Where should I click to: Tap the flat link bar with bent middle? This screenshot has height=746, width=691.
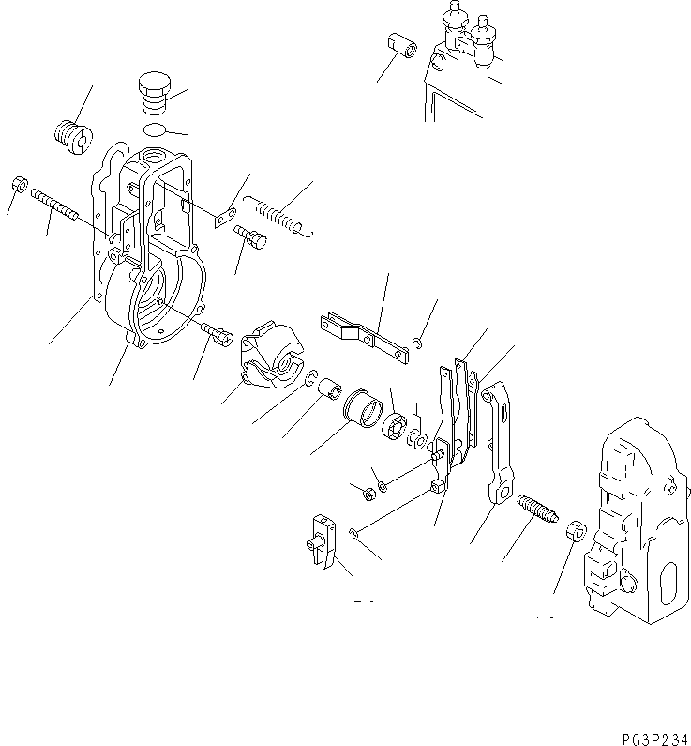pyautogui.click(x=367, y=334)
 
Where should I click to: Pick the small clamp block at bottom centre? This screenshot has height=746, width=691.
pyautogui.click(x=321, y=542)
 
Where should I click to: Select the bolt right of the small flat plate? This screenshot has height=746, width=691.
pyautogui.click(x=252, y=238)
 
